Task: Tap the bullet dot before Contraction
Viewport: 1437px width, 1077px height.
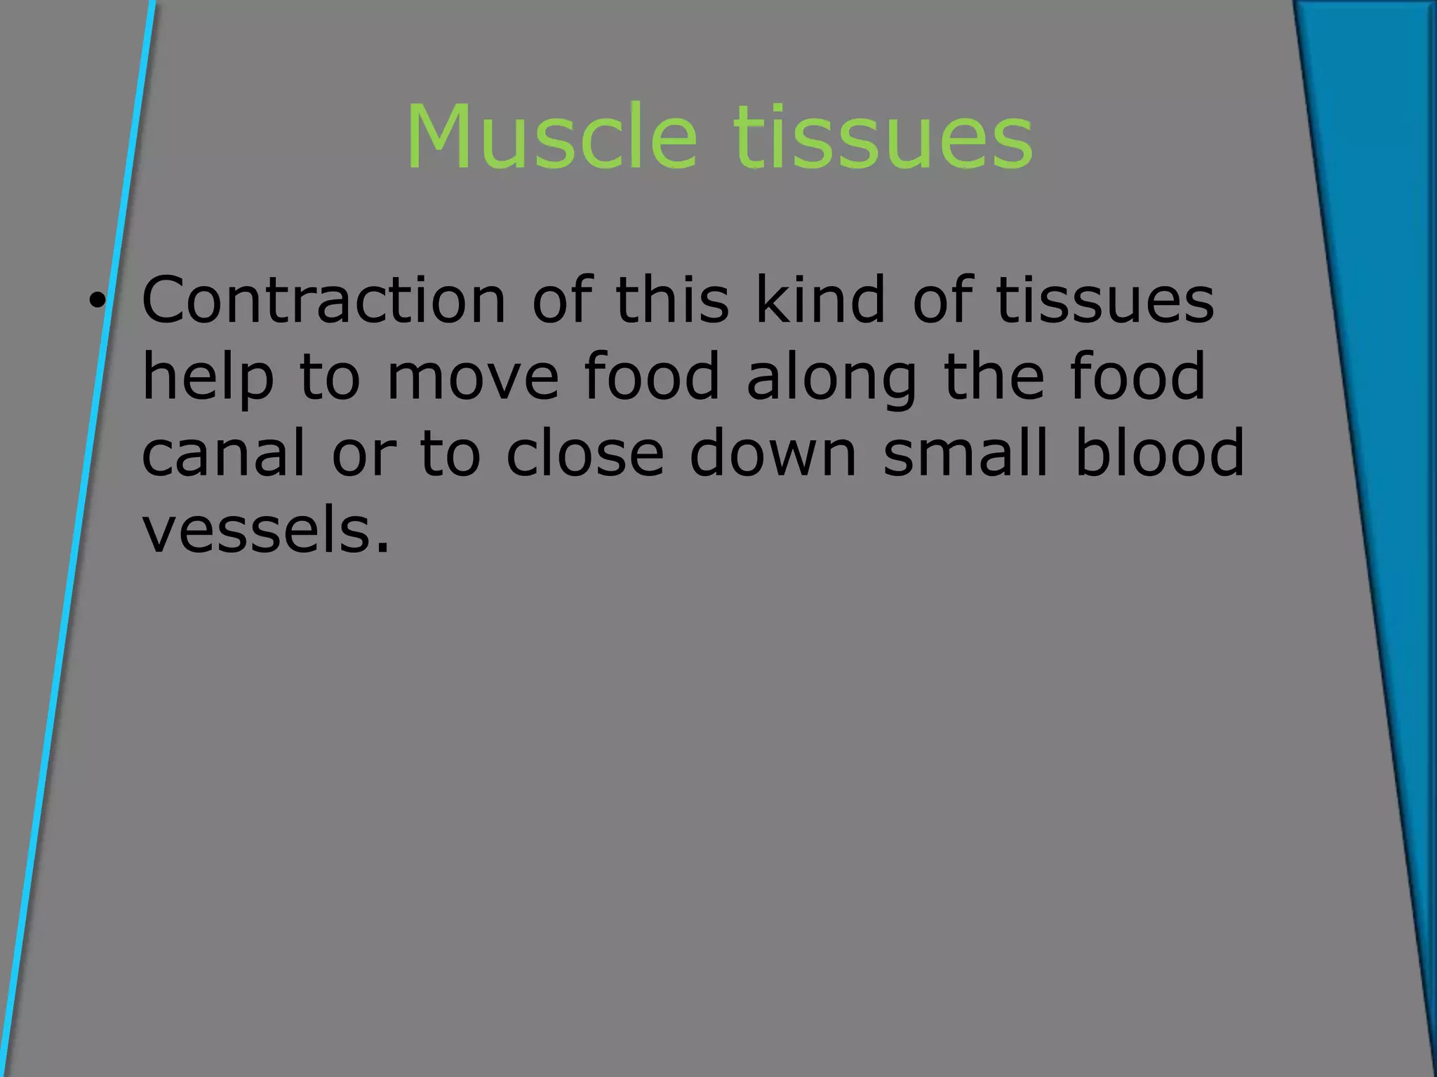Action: [97, 302]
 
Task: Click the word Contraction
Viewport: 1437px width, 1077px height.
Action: [323, 300]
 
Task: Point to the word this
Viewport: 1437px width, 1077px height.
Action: [672, 300]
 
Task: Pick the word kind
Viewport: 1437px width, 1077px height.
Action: [820, 300]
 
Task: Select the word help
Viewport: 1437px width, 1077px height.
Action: [208, 379]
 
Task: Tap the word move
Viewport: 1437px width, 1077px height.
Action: [473, 379]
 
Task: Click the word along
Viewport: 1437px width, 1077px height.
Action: [831, 379]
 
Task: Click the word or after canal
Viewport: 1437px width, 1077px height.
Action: [363, 456]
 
